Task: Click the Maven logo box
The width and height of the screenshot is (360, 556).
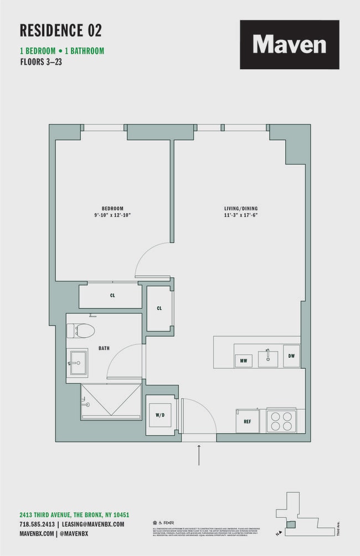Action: (x=289, y=44)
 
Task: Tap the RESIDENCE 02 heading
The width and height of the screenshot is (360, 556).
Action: (x=61, y=30)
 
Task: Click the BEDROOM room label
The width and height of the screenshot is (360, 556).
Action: (x=112, y=208)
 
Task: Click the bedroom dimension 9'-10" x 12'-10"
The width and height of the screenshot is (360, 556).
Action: (x=112, y=215)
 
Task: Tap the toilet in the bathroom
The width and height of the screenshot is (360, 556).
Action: (x=81, y=331)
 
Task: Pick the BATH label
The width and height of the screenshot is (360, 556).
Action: (x=104, y=348)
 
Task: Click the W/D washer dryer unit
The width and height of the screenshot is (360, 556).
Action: (x=159, y=415)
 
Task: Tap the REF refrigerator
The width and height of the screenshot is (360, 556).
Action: (x=247, y=421)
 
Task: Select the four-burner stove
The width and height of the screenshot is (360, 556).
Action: (x=282, y=421)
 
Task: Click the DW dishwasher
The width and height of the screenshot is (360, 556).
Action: (x=291, y=356)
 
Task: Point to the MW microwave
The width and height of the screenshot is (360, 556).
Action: (x=243, y=361)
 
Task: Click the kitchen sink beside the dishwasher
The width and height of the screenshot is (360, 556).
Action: (x=268, y=357)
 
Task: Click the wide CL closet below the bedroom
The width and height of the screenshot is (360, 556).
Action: (x=112, y=296)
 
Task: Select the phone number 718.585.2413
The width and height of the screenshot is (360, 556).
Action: (x=37, y=524)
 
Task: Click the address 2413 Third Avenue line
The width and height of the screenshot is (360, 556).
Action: (x=74, y=514)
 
